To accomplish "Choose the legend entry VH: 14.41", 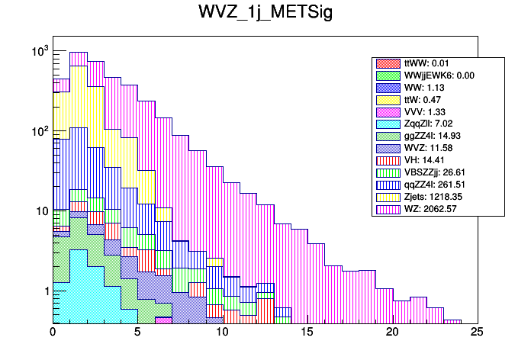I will (x=420, y=160).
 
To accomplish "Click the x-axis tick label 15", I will (x=307, y=333).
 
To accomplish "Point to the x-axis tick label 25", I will (x=476, y=333).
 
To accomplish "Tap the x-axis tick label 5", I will (x=137, y=333).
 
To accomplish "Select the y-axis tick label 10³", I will (x=40, y=51).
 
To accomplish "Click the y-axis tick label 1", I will (x=45, y=291).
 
